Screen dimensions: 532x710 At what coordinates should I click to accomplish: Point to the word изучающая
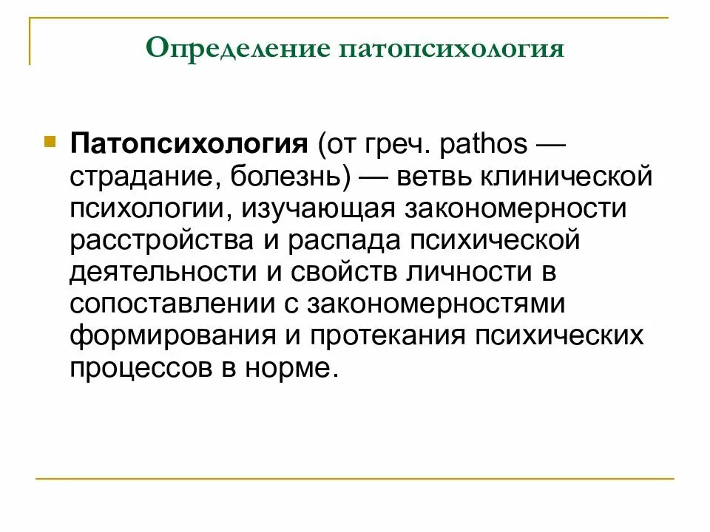tap(319, 209)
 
